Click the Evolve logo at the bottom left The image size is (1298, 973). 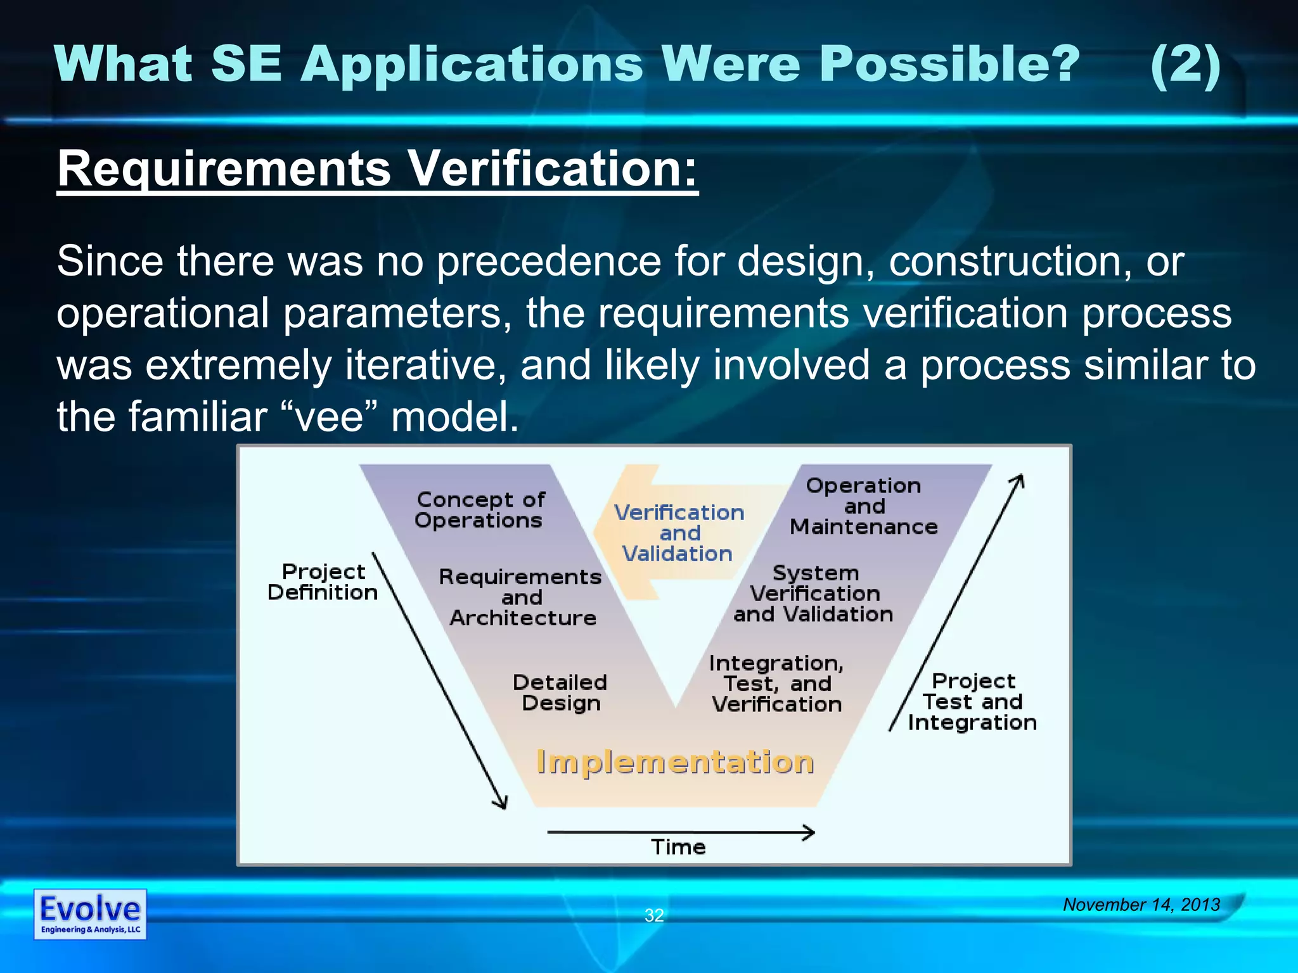(90, 913)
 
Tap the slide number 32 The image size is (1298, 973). (654, 915)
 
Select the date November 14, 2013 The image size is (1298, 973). (1141, 904)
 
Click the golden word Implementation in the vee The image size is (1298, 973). (675, 761)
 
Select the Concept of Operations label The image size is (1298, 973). (480, 510)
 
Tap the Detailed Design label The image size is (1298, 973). (560, 692)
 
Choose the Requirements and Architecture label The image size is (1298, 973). (520, 597)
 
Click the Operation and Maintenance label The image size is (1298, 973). (864, 506)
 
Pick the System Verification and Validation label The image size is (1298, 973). (814, 594)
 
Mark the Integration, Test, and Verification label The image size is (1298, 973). (777, 684)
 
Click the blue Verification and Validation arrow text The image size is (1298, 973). (679, 533)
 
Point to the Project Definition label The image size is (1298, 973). (323, 582)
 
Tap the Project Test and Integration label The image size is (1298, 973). (973, 702)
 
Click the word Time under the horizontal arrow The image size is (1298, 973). (678, 847)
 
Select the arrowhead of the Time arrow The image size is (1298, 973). (809, 832)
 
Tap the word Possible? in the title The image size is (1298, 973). (949, 65)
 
